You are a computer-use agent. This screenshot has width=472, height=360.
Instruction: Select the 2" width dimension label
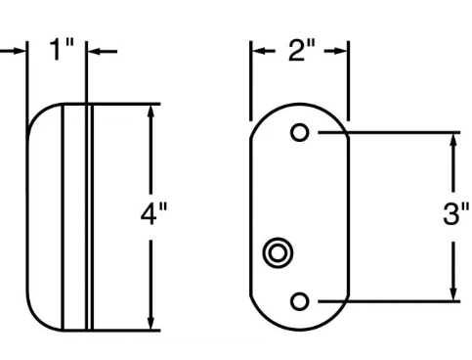click(x=300, y=52)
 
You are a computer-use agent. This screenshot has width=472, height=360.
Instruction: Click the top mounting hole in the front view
click(x=301, y=132)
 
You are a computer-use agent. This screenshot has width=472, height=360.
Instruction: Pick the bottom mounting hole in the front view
click(x=301, y=300)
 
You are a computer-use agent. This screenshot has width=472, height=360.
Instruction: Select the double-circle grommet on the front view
click(x=278, y=253)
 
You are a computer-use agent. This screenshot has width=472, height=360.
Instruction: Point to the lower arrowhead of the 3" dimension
click(x=453, y=292)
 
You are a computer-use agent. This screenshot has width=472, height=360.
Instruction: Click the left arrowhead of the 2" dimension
click(x=259, y=51)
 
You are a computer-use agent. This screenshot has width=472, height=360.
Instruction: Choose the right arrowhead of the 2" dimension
click(x=341, y=51)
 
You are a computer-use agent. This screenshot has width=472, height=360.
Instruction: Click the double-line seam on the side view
click(x=89, y=215)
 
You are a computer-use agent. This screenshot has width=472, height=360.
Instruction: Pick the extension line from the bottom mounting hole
click(x=391, y=300)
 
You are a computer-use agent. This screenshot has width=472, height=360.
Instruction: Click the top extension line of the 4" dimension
click(x=127, y=102)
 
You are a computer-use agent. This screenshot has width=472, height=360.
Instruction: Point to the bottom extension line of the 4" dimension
click(x=127, y=331)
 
